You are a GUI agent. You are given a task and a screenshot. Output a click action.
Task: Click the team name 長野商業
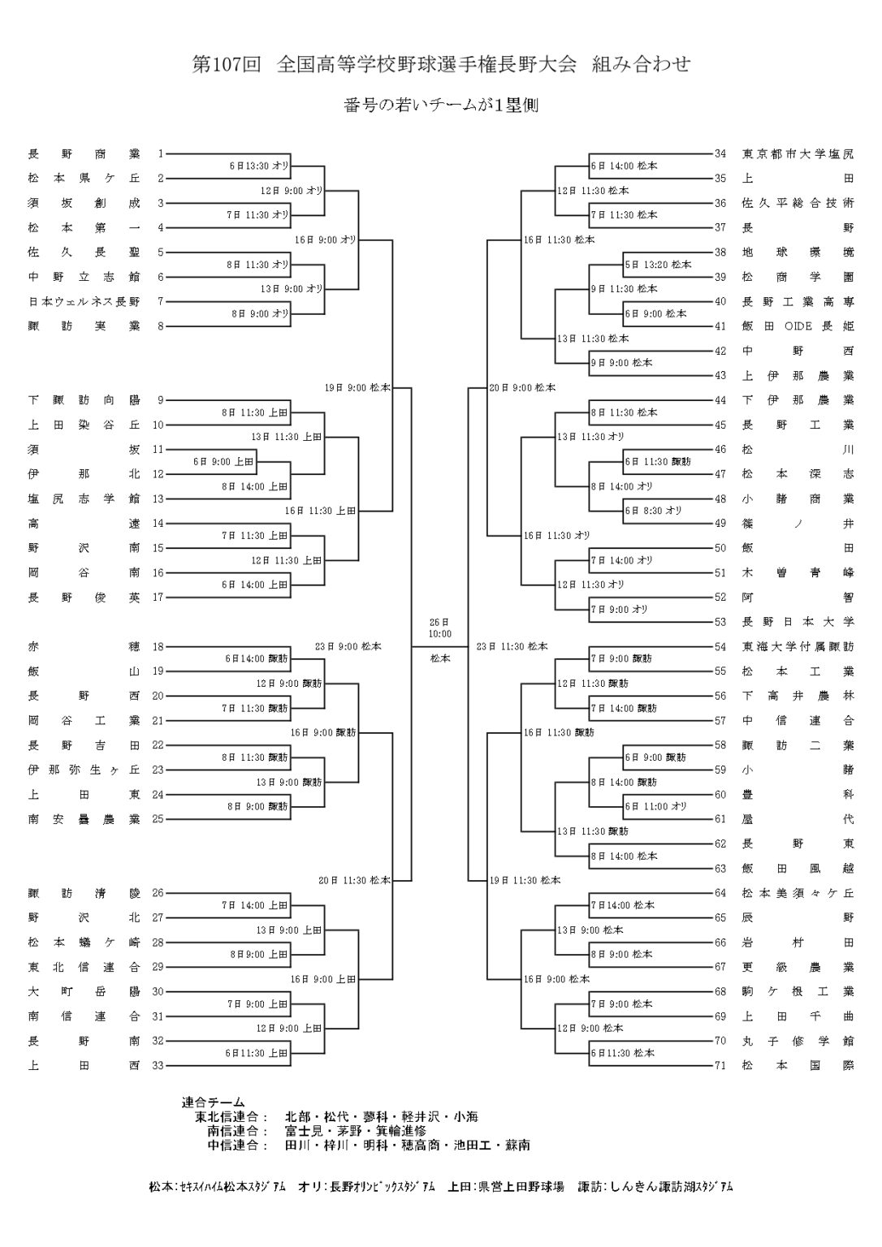(84, 153)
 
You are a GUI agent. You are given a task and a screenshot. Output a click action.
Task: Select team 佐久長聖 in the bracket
(84, 252)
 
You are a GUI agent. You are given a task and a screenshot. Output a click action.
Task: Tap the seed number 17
(158, 598)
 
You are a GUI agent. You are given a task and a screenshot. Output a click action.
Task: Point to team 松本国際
(798, 1065)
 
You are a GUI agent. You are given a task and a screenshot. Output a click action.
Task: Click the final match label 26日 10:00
(440, 628)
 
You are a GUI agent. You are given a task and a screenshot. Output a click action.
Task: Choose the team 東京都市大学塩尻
(798, 153)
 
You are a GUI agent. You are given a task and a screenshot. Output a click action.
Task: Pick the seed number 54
(720, 647)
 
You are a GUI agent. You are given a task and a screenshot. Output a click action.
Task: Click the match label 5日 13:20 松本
(658, 265)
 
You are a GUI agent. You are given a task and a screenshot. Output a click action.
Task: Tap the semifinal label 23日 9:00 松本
(348, 647)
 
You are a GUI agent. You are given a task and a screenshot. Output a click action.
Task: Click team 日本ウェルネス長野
(84, 302)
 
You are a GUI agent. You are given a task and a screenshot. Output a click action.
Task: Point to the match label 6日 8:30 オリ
(653, 511)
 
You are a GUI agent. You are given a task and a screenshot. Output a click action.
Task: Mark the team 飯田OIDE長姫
(798, 326)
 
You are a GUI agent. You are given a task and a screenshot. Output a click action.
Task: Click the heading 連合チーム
(213, 1102)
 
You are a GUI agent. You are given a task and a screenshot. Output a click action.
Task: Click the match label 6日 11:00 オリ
(655, 806)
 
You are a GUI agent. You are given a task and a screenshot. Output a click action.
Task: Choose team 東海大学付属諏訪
(798, 647)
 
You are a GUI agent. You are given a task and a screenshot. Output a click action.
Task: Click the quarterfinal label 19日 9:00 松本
(357, 388)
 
